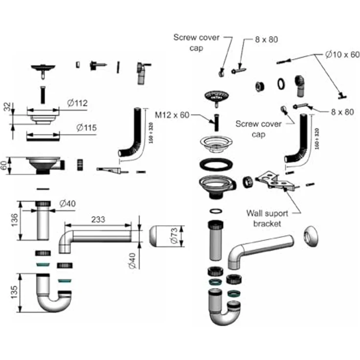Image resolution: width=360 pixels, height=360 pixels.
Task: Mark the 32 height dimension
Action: click(x=6, y=108)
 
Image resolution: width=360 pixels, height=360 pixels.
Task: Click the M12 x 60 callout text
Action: click(x=171, y=114)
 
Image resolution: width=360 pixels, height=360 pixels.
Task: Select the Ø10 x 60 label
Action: click(x=342, y=55)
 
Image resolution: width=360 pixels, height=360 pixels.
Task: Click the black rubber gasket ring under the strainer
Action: click(x=215, y=164)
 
